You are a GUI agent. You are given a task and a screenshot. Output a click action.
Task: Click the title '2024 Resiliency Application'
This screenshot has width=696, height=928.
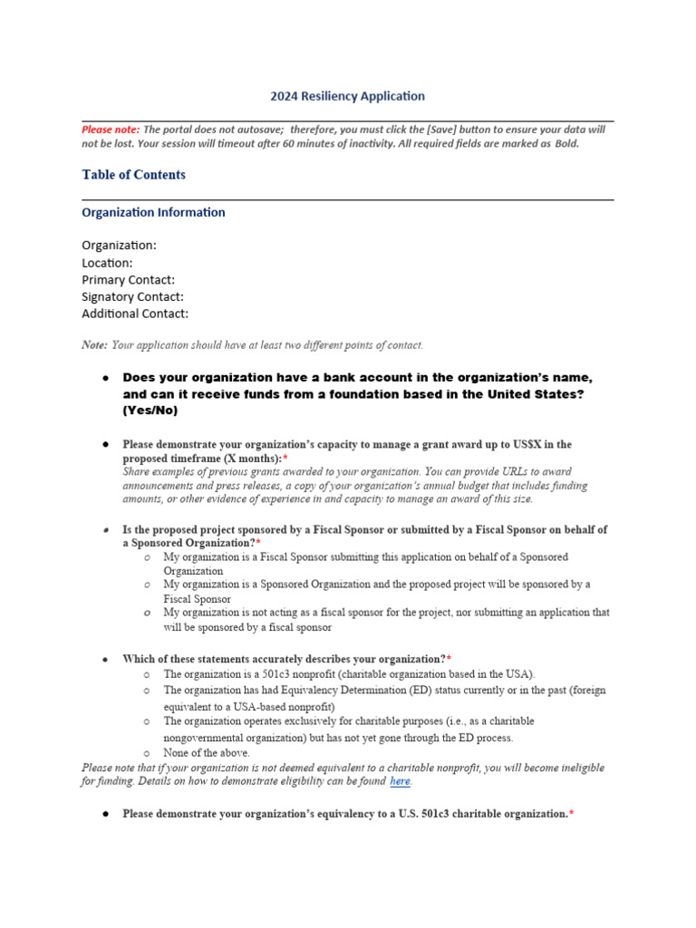347,96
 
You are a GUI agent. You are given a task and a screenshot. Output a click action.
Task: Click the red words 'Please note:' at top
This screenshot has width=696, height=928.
111,130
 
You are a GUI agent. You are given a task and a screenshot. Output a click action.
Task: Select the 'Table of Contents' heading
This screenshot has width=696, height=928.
133,175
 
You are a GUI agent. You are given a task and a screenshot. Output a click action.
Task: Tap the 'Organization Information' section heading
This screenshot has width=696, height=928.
153,213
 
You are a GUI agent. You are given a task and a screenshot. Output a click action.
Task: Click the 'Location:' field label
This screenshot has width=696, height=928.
107,263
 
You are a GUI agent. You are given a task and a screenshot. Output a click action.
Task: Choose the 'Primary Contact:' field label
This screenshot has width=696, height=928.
128,280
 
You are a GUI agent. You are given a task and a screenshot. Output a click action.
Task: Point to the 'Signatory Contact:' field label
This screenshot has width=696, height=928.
132,297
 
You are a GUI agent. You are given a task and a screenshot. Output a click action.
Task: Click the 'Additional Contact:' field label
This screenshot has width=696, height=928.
135,314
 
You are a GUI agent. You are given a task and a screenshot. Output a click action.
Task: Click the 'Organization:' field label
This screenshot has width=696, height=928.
119,246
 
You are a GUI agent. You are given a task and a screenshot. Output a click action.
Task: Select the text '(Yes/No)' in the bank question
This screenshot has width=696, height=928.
150,411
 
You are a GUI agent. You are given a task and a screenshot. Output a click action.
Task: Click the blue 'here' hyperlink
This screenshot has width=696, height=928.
400,781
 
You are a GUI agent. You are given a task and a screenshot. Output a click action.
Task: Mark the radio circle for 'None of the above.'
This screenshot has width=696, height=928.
147,753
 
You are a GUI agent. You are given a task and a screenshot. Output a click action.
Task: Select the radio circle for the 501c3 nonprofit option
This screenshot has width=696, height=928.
147,675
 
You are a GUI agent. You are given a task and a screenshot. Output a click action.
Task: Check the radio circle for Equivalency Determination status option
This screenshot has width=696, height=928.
147,691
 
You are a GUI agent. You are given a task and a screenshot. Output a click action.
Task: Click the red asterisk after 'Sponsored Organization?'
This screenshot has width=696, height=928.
258,543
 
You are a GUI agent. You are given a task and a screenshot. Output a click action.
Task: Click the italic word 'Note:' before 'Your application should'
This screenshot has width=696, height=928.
94,345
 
